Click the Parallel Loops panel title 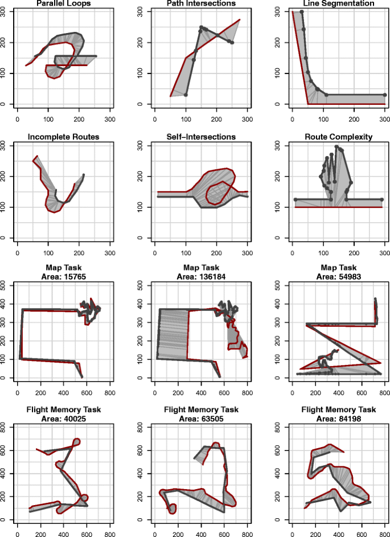coord(63,3)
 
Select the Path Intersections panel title coord(201,3)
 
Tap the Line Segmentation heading coord(338,3)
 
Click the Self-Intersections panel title coord(201,137)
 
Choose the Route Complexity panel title coord(338,137)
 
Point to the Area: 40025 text coord(63,417)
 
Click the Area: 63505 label coord(201,417)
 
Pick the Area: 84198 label coord(338,417)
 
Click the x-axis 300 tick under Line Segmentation coord(385,120)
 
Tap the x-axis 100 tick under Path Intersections coord(186,120)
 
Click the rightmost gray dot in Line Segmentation coord(385,95)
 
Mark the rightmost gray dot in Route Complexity coord(381,199)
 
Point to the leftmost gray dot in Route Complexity coord(295,199)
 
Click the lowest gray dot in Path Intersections coord(186,95)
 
